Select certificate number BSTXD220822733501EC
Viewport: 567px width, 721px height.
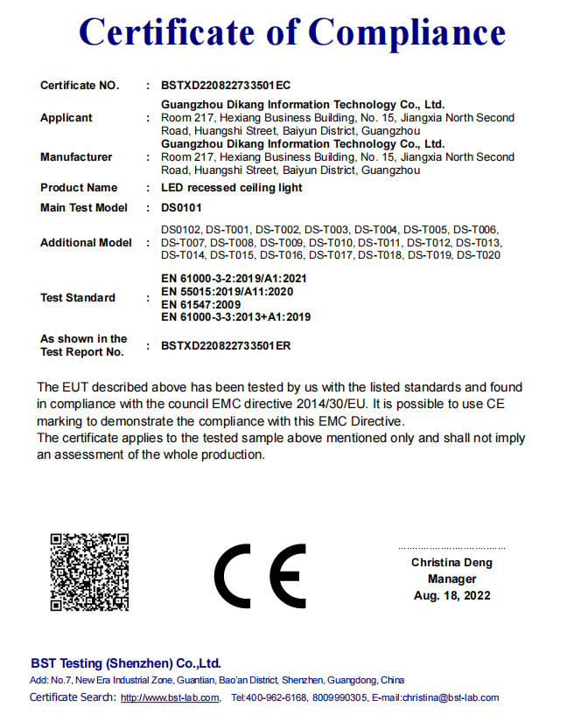click(226, 86)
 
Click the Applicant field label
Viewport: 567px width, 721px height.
click(66, 118)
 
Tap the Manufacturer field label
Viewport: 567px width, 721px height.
click(76, 157)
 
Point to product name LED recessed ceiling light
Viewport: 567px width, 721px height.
click(232, 188)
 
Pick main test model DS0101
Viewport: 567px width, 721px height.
click(181, 208)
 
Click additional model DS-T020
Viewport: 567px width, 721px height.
click(478, 255)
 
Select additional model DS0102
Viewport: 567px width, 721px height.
click(181, 230)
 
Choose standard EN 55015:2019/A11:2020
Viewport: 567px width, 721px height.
click(227, 291)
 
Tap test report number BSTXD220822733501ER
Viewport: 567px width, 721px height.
click(226, 345)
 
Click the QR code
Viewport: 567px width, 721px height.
click(89, 572)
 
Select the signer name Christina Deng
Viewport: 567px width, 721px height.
click(451, 563)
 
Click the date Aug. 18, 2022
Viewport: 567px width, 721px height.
click(451, 596)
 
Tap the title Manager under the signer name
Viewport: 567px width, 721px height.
click(451, 579)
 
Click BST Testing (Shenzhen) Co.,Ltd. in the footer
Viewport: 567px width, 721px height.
click(126, 663)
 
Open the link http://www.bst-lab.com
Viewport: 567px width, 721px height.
click(170, 697)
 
